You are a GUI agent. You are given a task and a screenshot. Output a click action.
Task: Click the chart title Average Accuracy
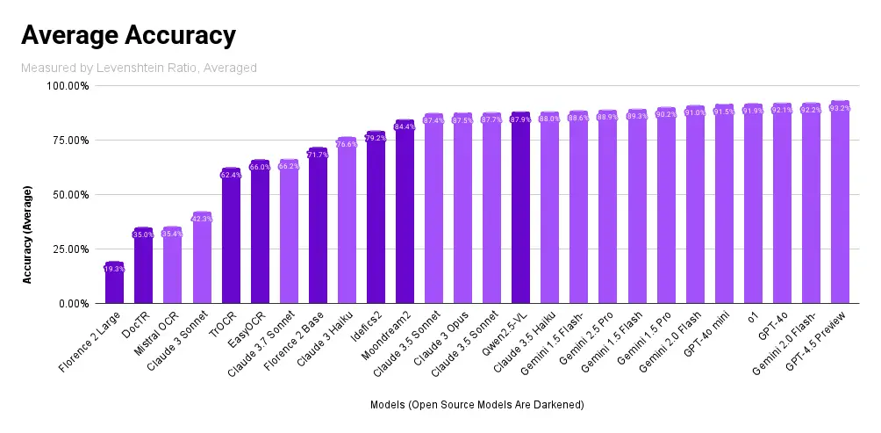[x=128, y=35]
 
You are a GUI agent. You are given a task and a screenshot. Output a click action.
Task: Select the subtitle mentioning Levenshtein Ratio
[x=139, y=69]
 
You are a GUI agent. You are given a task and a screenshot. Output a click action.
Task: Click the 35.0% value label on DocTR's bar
[x=143, y=235]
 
